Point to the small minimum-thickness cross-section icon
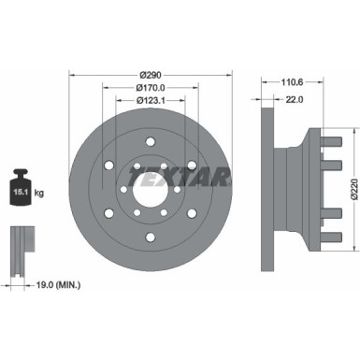tap(22, 251)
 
